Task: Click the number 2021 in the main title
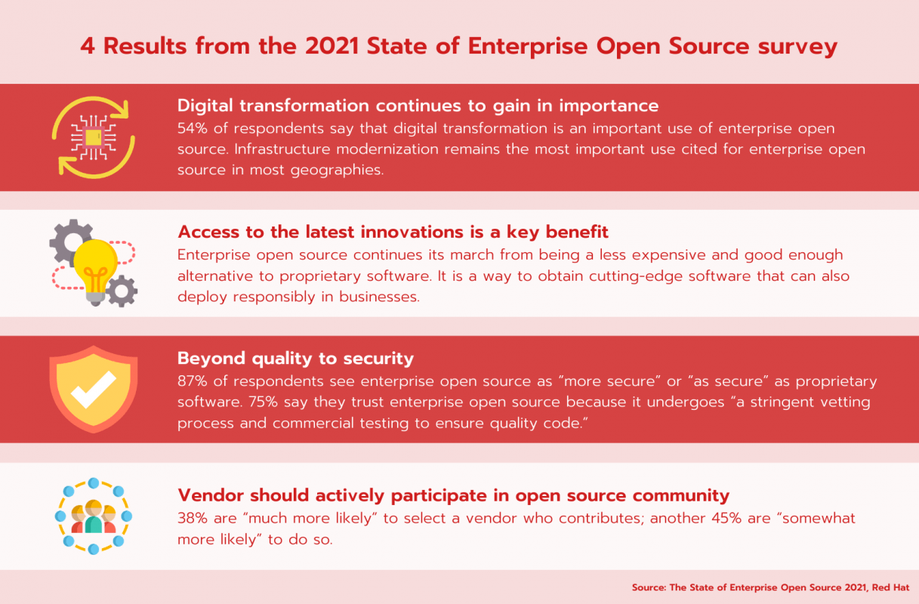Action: tap(332, 46)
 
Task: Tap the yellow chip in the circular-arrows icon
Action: tap(93, 137)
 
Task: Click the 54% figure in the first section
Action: tap(193, 128)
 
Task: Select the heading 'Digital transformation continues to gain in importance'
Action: tap(418, 106)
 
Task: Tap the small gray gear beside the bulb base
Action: tap(122, 291)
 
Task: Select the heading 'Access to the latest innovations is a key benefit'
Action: tap(393, 233)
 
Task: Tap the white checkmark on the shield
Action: tap(94, 390)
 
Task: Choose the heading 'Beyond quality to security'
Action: tap(296, 359)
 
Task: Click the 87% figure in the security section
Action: tap(193, 381)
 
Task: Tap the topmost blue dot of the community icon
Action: tap(94, 483)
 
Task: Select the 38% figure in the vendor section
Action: tap(193, 518)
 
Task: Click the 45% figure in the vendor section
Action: tap(726, 518)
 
